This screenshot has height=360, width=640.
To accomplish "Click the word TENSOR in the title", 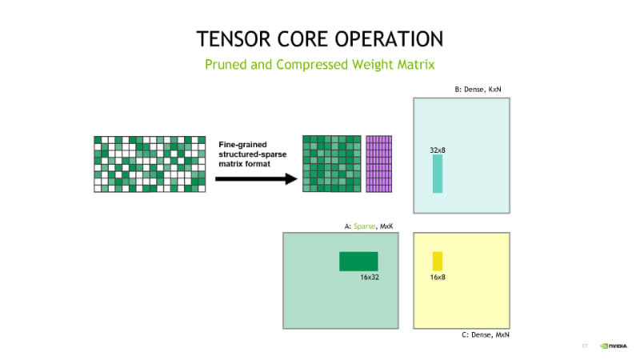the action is (234, 39).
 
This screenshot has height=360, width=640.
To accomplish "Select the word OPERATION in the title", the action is (389, 39).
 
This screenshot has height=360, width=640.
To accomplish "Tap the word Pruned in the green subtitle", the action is (226, 65).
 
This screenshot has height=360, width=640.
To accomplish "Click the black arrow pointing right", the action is (256, 178).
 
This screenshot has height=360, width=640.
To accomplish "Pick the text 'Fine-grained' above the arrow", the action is (243, 145).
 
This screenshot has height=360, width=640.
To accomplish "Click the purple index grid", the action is (378, 164).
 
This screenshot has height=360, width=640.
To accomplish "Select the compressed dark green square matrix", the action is (332, 164).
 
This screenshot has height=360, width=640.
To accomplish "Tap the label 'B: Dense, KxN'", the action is (478, 90).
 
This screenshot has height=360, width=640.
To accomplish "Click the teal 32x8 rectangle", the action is (438, 174).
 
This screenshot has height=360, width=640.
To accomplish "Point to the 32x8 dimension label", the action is (438, 150).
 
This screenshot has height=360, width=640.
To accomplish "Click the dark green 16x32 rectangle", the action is (358, 262).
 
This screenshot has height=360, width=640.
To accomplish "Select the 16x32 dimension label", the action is (370, 277).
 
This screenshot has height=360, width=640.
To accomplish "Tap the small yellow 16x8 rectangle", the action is (438, 262).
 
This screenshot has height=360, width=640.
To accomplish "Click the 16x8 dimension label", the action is (438, 277).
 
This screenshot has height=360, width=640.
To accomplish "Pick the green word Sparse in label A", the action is (364, 226).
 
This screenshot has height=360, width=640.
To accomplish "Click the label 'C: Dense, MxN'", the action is (486, 334).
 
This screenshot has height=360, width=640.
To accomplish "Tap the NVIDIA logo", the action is (614, 346).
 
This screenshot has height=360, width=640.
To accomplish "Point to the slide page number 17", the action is (585, 346).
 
